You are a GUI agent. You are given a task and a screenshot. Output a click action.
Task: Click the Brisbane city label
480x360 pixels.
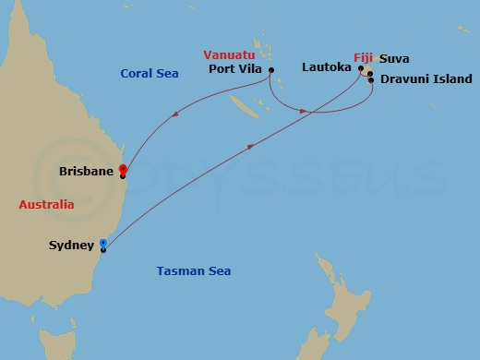pyautogui.click(x=85, y=171)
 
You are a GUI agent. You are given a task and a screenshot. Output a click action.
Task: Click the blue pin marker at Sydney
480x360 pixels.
pyautogui.click(x=103, y=245)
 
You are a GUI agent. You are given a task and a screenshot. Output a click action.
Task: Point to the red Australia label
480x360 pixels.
pyautogui.click(x=46, y=204)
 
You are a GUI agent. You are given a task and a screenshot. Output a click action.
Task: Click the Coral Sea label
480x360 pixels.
pyautogui.click(x=149, y=74)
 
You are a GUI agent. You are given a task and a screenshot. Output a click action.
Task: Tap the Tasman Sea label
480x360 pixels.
pyautogui.click(x=193, y=270)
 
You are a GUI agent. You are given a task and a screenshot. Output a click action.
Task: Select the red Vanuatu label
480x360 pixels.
pyautogui.click(x=231, y=54)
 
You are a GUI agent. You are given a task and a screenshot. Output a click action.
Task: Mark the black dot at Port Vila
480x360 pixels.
pyautogui.click(x=271, y=68)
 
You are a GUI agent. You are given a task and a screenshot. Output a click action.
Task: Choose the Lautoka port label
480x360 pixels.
pyautogui.click(x=329, y=67)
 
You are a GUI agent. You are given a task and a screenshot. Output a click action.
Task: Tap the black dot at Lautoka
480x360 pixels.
pyautogui.click(x=361, y=67)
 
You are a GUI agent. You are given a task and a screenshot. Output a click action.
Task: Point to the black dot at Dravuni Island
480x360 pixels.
pyautogui.click(x=371, y=80)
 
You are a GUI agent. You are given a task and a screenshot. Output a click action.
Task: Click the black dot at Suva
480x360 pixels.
pyautogui.click(x=370, y=73)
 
